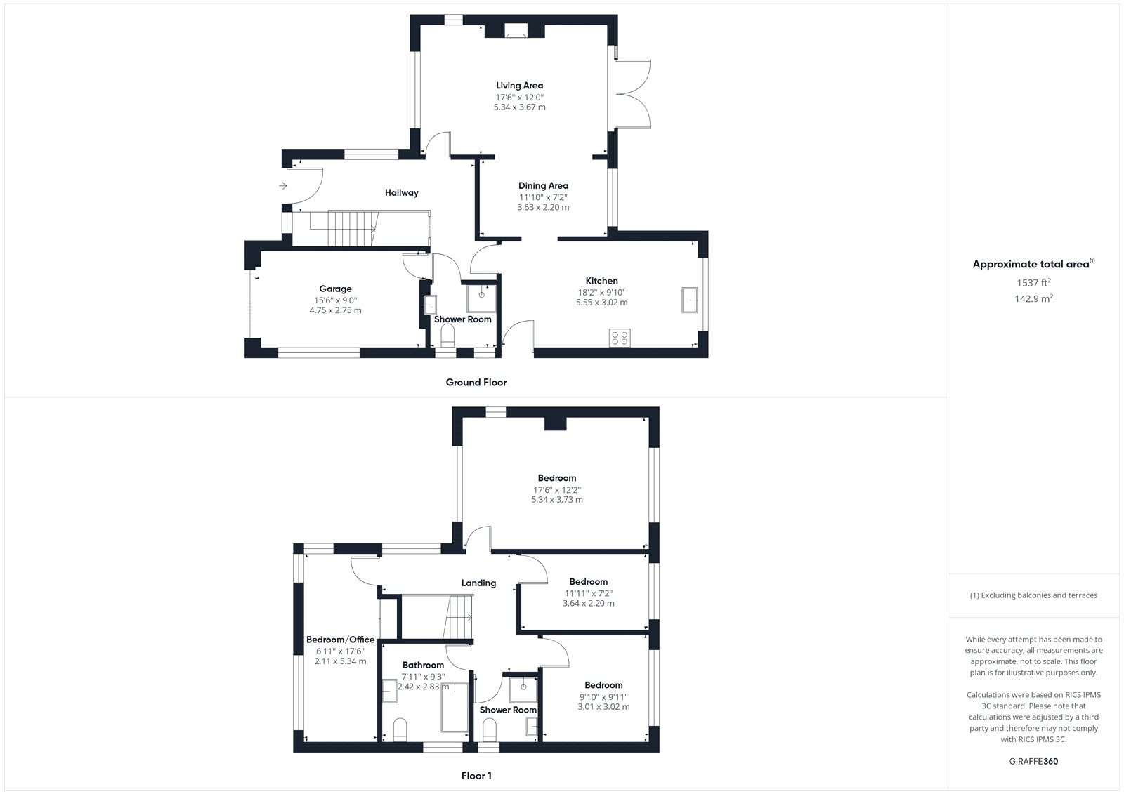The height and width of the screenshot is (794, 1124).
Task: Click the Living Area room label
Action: click(519, 86)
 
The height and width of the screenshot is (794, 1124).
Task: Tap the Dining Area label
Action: click(543, 185)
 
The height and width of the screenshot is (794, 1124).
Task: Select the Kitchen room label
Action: click(601, 281)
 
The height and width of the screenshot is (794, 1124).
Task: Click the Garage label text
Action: click(335, 289)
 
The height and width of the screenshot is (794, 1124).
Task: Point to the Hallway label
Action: click(401, 192)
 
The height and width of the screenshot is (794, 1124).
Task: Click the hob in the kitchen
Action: click(620, 338)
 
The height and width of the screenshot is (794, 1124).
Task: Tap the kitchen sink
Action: click(689, 300)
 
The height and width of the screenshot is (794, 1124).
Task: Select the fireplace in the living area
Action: click(515, 32)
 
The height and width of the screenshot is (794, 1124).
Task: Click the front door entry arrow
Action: click(283, 186)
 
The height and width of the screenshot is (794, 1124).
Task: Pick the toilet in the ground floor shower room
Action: click(447, 336)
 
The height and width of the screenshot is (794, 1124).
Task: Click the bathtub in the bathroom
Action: click(454, 707)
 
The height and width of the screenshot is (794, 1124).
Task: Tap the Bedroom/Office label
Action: click(340, 640)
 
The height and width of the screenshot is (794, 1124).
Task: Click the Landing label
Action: click(478, 583)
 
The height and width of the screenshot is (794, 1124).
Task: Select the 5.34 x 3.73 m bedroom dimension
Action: click(557, 500)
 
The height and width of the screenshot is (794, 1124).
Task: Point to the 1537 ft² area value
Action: click(1033, 282)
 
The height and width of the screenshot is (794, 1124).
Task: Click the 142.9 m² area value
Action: click(1033, 298)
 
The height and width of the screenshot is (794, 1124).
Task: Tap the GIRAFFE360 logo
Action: click(1033, 762)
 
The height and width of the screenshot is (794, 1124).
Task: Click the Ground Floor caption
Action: click(476, 382)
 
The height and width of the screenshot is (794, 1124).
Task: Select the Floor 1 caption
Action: click(476, 776)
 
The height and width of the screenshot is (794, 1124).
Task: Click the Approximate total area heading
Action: click(1033, 264)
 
